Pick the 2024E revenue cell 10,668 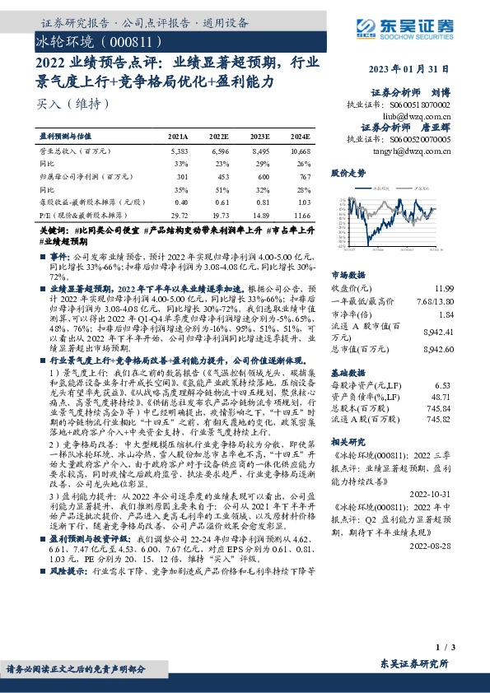tap(300, 151)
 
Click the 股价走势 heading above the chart tap(348, 174)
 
